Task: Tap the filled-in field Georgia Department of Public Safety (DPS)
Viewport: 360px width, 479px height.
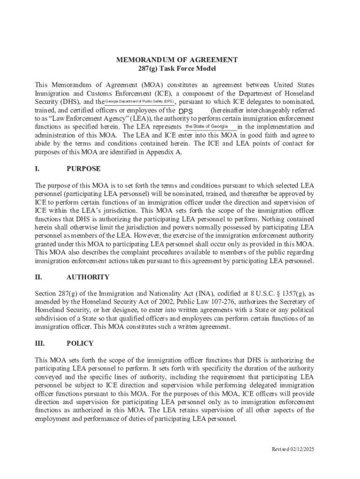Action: point(139,102)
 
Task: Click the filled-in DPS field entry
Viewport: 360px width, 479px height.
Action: point(186,111)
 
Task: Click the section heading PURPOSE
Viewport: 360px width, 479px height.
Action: point(83,168)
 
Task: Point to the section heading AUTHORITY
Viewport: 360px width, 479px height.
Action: point(88,277)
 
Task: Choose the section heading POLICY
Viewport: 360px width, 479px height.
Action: point(80,343)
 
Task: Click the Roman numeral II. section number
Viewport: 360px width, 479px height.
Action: point(38,277)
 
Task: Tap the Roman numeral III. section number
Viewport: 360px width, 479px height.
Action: point(40,343)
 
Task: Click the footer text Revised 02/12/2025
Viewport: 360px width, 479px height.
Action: point(293,449)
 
